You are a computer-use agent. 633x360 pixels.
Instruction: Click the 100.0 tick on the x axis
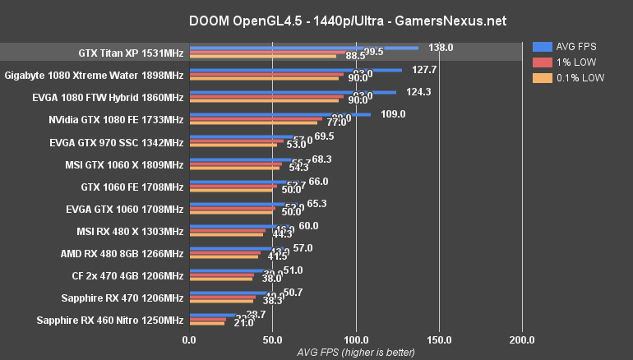pyautogui.click(x=356, y=339)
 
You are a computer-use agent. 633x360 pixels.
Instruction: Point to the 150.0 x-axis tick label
pyautogui.click(x=439, y=339)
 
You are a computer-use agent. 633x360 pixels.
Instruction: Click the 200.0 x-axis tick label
pyautogui.click(x=522, y=339)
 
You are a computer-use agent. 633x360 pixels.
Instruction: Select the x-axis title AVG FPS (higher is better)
pyautogui.click(x=356, y=352)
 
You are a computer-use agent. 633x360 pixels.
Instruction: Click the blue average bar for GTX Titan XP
pyautogui.click(x=304, y=48)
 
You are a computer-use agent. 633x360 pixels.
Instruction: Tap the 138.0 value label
pyautogui.click(x=441, y=48)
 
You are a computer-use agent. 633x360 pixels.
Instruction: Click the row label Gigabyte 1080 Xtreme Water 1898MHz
pyautogui.click(x=94, y=75)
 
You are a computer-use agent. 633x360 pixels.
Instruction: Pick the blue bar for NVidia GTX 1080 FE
pyautogui.click(x=280, y=114)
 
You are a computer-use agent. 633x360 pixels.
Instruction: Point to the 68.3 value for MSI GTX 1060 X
pyautogui.click(x=321, y=159)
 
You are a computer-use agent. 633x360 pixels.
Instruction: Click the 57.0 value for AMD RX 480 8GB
pyautogui.click(x=303, y=247)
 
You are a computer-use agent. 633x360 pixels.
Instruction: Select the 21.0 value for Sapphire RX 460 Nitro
pyautogui.click(x=243, y=323)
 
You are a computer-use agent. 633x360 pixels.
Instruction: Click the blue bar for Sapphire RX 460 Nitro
pyautogui.click(x=213, y=315)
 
